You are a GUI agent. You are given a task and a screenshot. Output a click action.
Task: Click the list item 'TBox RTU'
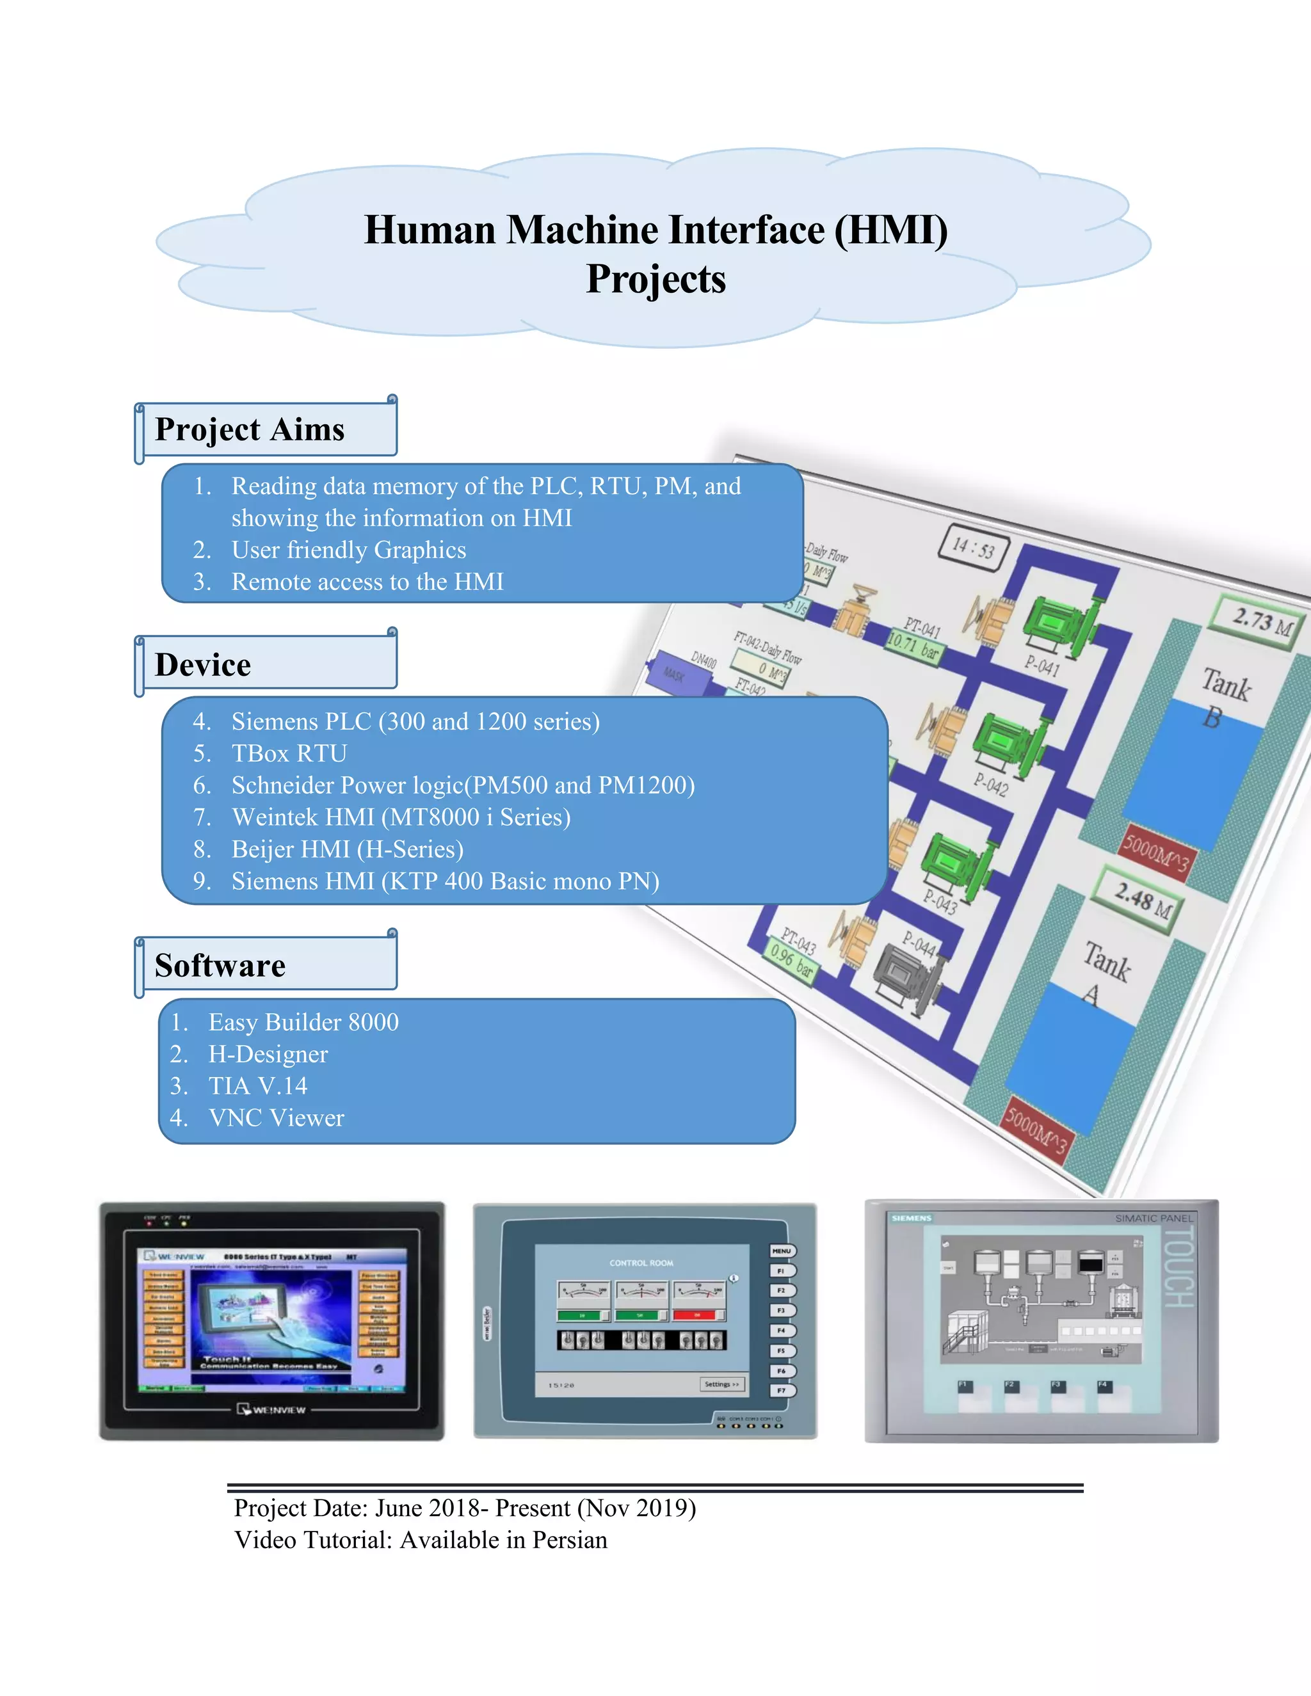pos(289,753)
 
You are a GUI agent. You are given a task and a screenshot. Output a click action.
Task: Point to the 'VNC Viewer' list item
pos(276,1117)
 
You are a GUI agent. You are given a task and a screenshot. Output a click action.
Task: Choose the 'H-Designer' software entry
pos(268,1054)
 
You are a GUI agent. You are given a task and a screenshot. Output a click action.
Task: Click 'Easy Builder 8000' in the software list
pos(303,1022)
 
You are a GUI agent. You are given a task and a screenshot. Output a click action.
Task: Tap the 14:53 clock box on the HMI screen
pos(974,548)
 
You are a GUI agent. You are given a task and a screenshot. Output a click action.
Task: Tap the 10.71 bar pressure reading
pos(913,645)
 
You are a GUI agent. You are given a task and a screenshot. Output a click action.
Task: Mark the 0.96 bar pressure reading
pos(791,962)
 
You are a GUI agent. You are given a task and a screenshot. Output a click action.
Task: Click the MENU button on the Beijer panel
pos(782,1251)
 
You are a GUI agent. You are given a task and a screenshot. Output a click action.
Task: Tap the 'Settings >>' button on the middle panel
pos(721,1384)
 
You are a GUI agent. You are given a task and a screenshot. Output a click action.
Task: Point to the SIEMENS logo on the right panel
pos(911,1218)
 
